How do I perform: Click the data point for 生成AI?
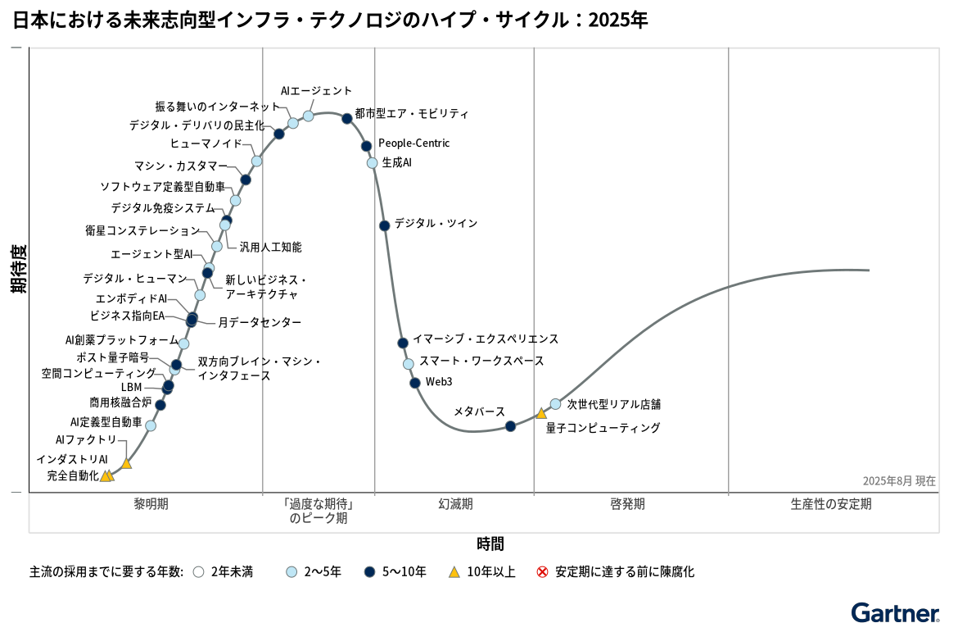pos(373,162)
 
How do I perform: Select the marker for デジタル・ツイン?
pos(384,225)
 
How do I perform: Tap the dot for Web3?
pos(415,383)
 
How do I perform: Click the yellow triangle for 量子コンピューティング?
pos(541,413)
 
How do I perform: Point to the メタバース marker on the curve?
pos(510,425)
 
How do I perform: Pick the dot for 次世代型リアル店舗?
pos(555,403)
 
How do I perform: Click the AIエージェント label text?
pos(316,91)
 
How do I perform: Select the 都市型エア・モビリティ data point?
pos(347,118)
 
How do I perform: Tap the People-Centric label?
pos(413,143)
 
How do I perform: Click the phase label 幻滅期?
pos(455,504)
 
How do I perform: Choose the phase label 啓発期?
pos(627,504)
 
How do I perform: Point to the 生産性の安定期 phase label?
pos(831,504)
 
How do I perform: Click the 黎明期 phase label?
pos(151,504)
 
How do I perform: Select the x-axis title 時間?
pos(490,543)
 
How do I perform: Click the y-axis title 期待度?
pos(18,269)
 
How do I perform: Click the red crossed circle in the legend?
pos(542,572)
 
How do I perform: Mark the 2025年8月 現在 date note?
pos(898,481)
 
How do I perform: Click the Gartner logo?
pos(895,613)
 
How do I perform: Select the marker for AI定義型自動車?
pos(150,425)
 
